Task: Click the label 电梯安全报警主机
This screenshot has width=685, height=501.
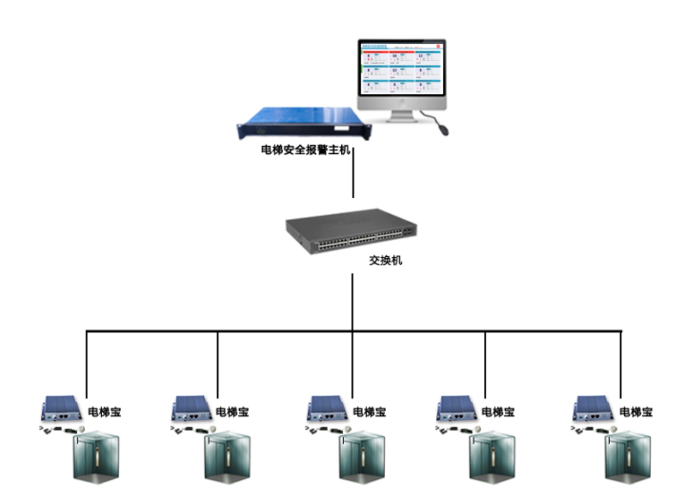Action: (x=306, y=150)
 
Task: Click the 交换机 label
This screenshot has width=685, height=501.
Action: (x=386, y=260)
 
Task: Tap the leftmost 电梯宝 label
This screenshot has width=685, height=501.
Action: (x=104, y=412)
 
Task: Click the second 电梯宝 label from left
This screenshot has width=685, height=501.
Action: (x=234, y=412)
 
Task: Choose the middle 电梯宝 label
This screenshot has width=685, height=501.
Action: (x=369, y=412)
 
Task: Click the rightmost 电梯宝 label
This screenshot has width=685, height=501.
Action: (x=635, y=412)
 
